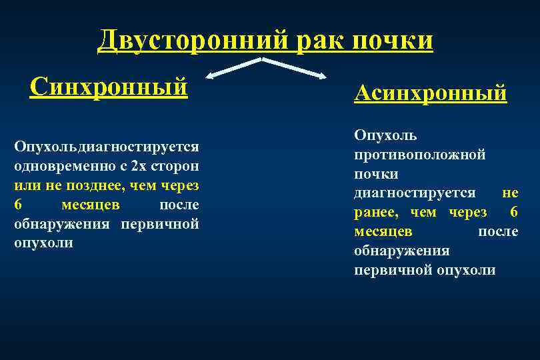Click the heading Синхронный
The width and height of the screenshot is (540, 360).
tap(109, 86)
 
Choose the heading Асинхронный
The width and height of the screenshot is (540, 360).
tap(430, 93)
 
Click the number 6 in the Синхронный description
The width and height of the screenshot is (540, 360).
tap(17, 204)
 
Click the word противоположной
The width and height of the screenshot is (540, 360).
tap(419, 155)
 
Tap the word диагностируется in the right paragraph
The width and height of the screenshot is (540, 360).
tap(414, 193)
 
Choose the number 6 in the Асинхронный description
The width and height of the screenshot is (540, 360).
tap(513, 212)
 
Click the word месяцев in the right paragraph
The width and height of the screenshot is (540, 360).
tap(383, 231)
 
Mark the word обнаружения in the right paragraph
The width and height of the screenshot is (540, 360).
tap(401, 251)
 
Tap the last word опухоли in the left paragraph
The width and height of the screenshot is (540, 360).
tap(43, 243)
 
